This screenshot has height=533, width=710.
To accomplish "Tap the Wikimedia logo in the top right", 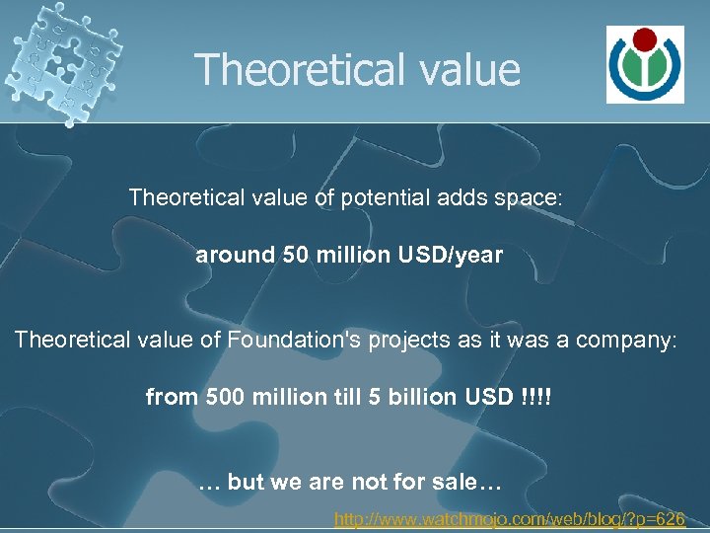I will pos(644,64).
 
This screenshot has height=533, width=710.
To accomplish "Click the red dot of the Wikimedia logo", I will pos(644,40).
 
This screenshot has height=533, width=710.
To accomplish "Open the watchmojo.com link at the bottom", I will pos(510,517).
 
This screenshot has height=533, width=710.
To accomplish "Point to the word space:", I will pos(528,197).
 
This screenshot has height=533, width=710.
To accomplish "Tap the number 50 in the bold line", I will pos(295,255).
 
